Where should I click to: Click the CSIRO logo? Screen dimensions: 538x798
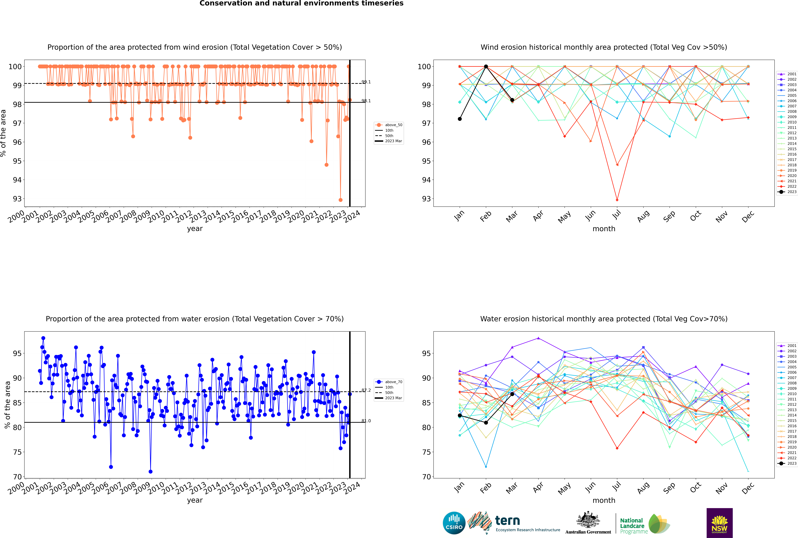454,523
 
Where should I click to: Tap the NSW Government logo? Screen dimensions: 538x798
719,523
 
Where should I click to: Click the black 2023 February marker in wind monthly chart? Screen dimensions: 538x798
486,67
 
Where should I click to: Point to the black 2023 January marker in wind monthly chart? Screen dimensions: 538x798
460,119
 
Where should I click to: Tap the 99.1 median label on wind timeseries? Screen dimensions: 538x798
366,82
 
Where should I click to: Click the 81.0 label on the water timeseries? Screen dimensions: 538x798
366,421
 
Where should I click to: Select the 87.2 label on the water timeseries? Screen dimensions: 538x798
366,390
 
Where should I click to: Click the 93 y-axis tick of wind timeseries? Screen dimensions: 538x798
17,199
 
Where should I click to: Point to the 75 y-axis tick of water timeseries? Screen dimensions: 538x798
17,452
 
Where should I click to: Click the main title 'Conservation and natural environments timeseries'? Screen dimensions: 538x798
301,3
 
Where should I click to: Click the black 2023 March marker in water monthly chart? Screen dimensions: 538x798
512,394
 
